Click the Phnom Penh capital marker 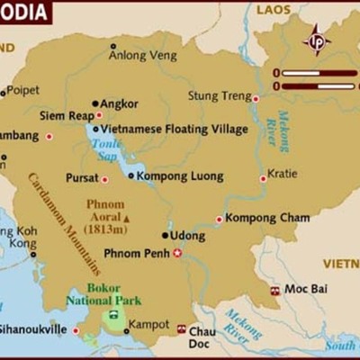pos(177,253)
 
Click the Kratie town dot pos(263,178)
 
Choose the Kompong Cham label pos(267,218)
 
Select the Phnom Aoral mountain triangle pos(127,218)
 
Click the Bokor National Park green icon pos(113,317)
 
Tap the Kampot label pos(149,323)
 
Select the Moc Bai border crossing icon pos(274,291)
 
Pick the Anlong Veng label pos(138,55)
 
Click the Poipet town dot pos(3,92)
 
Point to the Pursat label pos(82,178)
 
